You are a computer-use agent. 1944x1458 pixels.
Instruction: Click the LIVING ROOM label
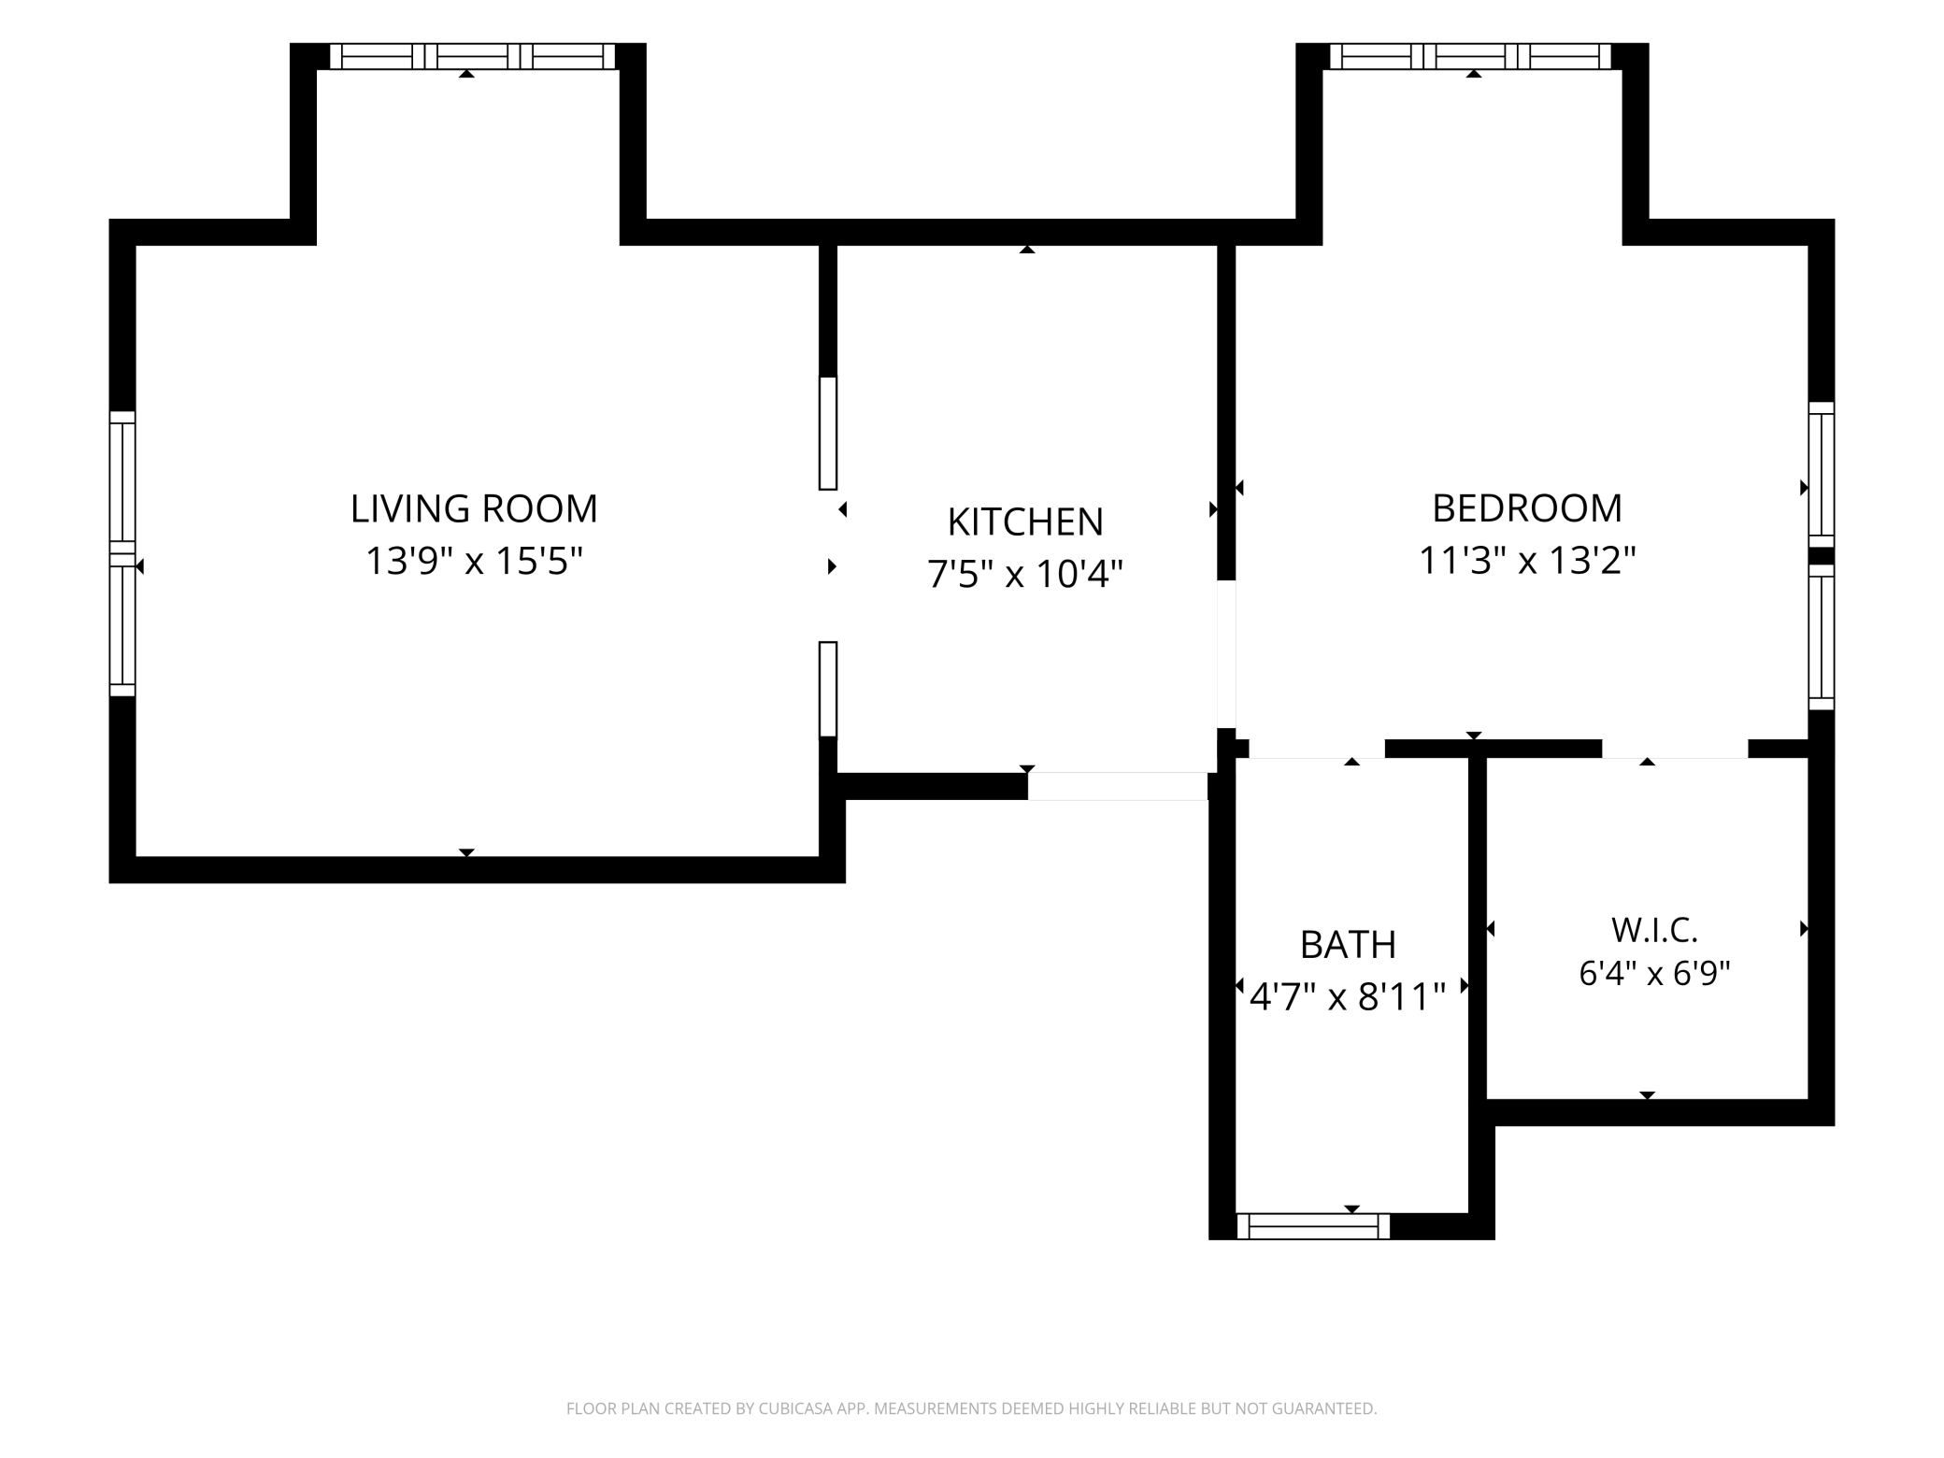click(x=474, y=508)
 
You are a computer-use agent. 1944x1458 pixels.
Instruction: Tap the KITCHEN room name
click(x=1025, y=522)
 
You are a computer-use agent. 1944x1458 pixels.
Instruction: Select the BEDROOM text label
click(x=1527, y=508)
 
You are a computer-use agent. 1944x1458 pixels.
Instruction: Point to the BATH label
click(x=1348, y=945)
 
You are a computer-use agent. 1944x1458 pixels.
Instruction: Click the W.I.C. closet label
click(x=1654, y=930)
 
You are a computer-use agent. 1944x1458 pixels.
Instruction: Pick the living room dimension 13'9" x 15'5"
click(x=474, y=561)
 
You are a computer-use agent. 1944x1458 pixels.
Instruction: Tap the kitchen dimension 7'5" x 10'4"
click(x=1025, y=573)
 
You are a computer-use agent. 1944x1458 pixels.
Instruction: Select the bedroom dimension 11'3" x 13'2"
click(x=1527, y=561)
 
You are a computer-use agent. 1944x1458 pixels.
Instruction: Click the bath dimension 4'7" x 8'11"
click(x=1348, y=996)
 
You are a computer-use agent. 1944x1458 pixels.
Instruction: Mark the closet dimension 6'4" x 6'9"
click(x=1654, y=974)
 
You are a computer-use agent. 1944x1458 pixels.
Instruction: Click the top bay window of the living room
click(x=473, y=56)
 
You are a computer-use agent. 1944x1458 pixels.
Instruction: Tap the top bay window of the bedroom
click(x=1470, y=56)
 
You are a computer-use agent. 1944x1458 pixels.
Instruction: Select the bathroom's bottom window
click(x=1313, y=1226)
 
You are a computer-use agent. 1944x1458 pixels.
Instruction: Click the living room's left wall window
click(x=122, y=553)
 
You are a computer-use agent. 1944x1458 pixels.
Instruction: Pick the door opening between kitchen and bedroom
click(x=1226, y=654)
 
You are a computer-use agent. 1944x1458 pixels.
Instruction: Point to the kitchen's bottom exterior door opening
click(x=1118, y=786)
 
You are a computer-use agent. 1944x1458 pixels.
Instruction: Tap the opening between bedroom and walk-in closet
click(x=1675, y=749)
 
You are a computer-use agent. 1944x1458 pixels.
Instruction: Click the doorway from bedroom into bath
click(x=1317, y=749)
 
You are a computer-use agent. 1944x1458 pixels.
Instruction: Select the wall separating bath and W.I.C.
click(x=1478, y=985)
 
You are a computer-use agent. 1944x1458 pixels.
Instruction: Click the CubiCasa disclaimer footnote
click(x=972, y=1408)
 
